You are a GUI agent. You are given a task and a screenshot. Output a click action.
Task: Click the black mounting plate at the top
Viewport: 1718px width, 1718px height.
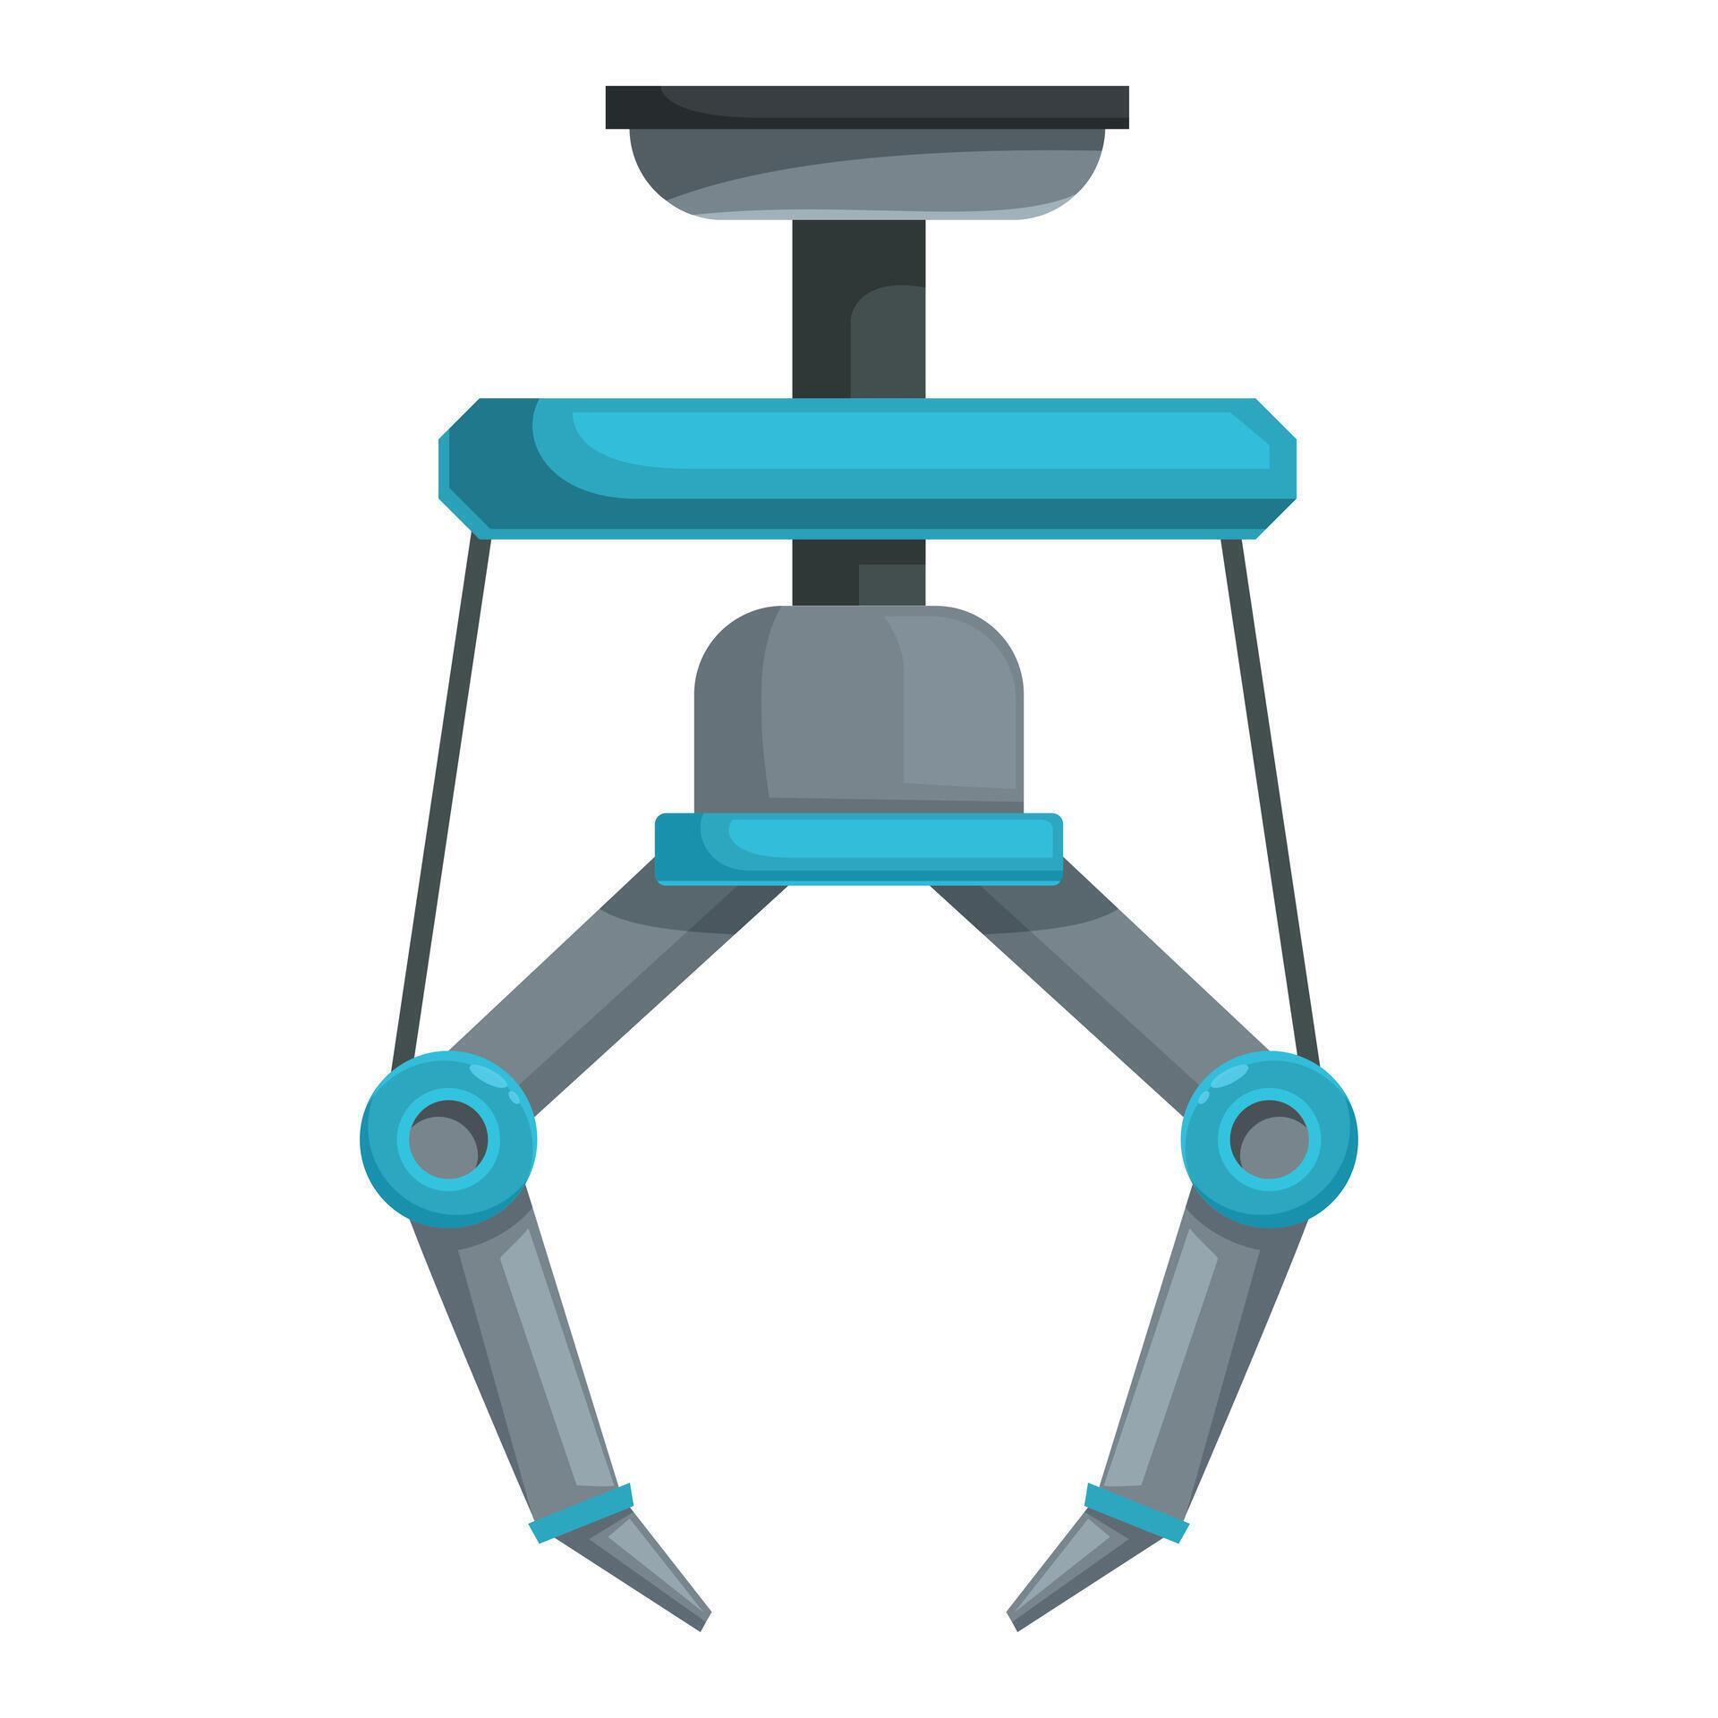click(866, 106)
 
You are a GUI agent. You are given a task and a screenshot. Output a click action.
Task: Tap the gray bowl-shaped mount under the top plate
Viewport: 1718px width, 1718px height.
click(866, 174)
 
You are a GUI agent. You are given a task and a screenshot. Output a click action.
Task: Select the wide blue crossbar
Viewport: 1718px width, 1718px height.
click(866, 468)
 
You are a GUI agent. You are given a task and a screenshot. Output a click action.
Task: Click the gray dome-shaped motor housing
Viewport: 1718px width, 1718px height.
click(857, 707)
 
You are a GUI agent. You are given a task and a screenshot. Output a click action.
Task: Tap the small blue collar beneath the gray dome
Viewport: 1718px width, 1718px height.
click(857, 847)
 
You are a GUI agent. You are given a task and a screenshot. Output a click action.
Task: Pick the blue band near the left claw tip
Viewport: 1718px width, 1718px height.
click(583, 1513)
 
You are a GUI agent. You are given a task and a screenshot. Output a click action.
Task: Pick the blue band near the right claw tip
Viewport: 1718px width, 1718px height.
click(1135, 1513)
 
